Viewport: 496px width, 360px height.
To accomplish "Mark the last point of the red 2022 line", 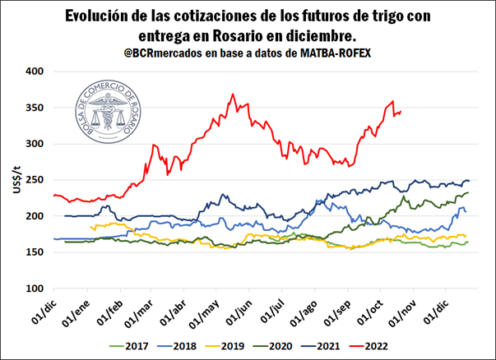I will (x=401, y=112).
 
